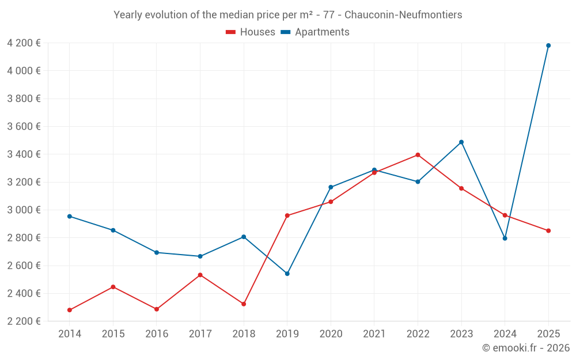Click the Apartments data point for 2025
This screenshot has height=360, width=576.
tap(548, 46)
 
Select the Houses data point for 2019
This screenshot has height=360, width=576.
tap(287, 215)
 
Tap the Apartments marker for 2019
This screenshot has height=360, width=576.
tap(287, 274)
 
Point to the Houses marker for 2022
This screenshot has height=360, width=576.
tap(418, 155)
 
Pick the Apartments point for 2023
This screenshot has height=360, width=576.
tap(461, 142)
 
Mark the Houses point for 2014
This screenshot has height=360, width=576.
tap(70, 310)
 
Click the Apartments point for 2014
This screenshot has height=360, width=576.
tap(70, 217)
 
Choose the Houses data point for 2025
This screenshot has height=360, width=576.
tap(548, 231)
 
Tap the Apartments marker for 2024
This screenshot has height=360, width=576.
tap(505, 238)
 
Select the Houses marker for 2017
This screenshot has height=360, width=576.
tap(200, 275)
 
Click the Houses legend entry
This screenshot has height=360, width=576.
tap(251, 32)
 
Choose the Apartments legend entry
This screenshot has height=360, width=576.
tap(315, 32)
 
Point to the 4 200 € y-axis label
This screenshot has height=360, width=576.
tap(24, 43)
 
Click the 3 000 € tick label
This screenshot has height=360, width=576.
tap(24, 210)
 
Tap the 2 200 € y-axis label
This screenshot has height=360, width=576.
tap(24, 321)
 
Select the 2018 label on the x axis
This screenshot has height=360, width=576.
tap(244, 334)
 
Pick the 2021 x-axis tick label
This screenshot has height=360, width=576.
tap(374, 334)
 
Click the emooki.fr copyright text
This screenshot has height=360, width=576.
tap(526, 347)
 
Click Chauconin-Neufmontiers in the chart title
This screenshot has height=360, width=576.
tap(403, 15)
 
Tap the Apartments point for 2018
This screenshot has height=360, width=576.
tap(244, 237)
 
